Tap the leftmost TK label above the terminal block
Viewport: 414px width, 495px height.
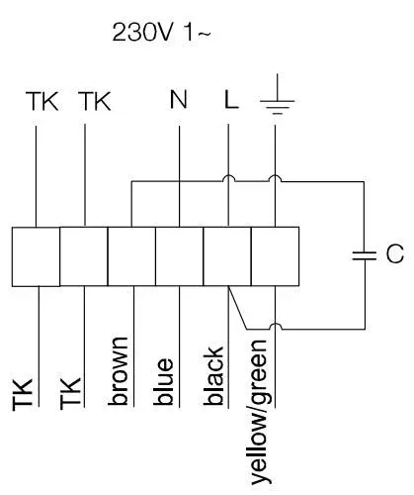click(42, 101)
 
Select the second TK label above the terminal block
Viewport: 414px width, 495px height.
click(95, 101)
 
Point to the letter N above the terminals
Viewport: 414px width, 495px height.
click(179, 99)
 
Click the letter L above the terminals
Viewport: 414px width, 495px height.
click(231, 99)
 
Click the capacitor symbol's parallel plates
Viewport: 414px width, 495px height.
click(364, 255)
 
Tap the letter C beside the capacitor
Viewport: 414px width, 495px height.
click(395, 254)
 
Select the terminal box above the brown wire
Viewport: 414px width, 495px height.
click(131, 256)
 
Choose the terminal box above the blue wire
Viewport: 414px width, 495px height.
click(180, 256)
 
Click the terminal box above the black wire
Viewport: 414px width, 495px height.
click(227, 256)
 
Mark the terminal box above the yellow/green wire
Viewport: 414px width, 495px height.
click(275, 256)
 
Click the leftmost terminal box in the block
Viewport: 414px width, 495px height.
click(36, 256)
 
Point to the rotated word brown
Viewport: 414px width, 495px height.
click(118, 371)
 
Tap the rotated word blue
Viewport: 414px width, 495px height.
click(163, 381)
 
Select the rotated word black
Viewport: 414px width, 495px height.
click(213, 375)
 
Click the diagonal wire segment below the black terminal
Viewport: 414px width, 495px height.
click(237, 308)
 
